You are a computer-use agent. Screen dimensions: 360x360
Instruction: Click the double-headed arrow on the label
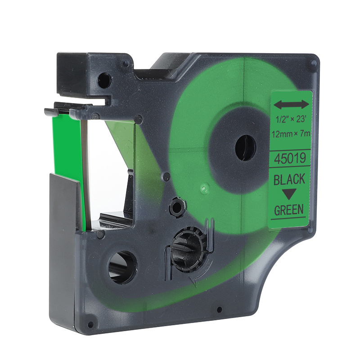tap(291, 104)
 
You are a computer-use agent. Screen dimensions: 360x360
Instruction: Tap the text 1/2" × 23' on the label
tap(291, 119)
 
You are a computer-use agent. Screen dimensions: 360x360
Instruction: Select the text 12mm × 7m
tap(291, 133)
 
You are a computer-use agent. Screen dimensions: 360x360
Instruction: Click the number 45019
tap(290, 158)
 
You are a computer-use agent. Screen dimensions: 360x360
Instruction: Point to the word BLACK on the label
tap(289, 179)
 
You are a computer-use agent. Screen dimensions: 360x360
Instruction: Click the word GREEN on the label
tap(289, 209)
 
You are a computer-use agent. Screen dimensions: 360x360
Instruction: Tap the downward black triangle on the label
tap(289, 194)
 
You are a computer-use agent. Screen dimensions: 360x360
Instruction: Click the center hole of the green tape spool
tap(245, 148)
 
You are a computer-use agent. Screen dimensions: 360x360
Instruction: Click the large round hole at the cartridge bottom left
tap(122, 267)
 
